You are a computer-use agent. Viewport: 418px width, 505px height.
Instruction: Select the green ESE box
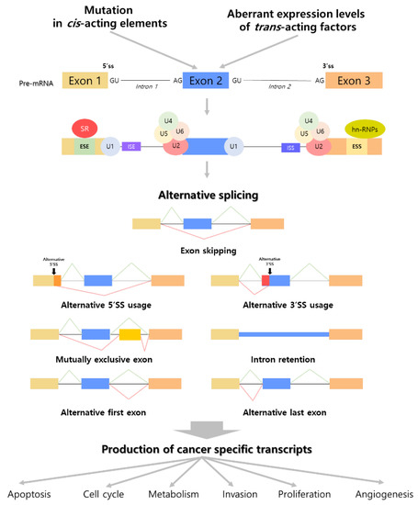[x=85, y=146]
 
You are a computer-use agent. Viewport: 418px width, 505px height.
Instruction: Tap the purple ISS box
[x=289, y=146]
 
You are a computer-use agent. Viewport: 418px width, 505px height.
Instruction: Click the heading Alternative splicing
[x=208, y=195]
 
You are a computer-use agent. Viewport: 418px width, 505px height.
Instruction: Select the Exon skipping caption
[x=208, y=250]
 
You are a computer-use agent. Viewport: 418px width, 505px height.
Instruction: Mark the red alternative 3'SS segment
[x=265, y=280]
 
